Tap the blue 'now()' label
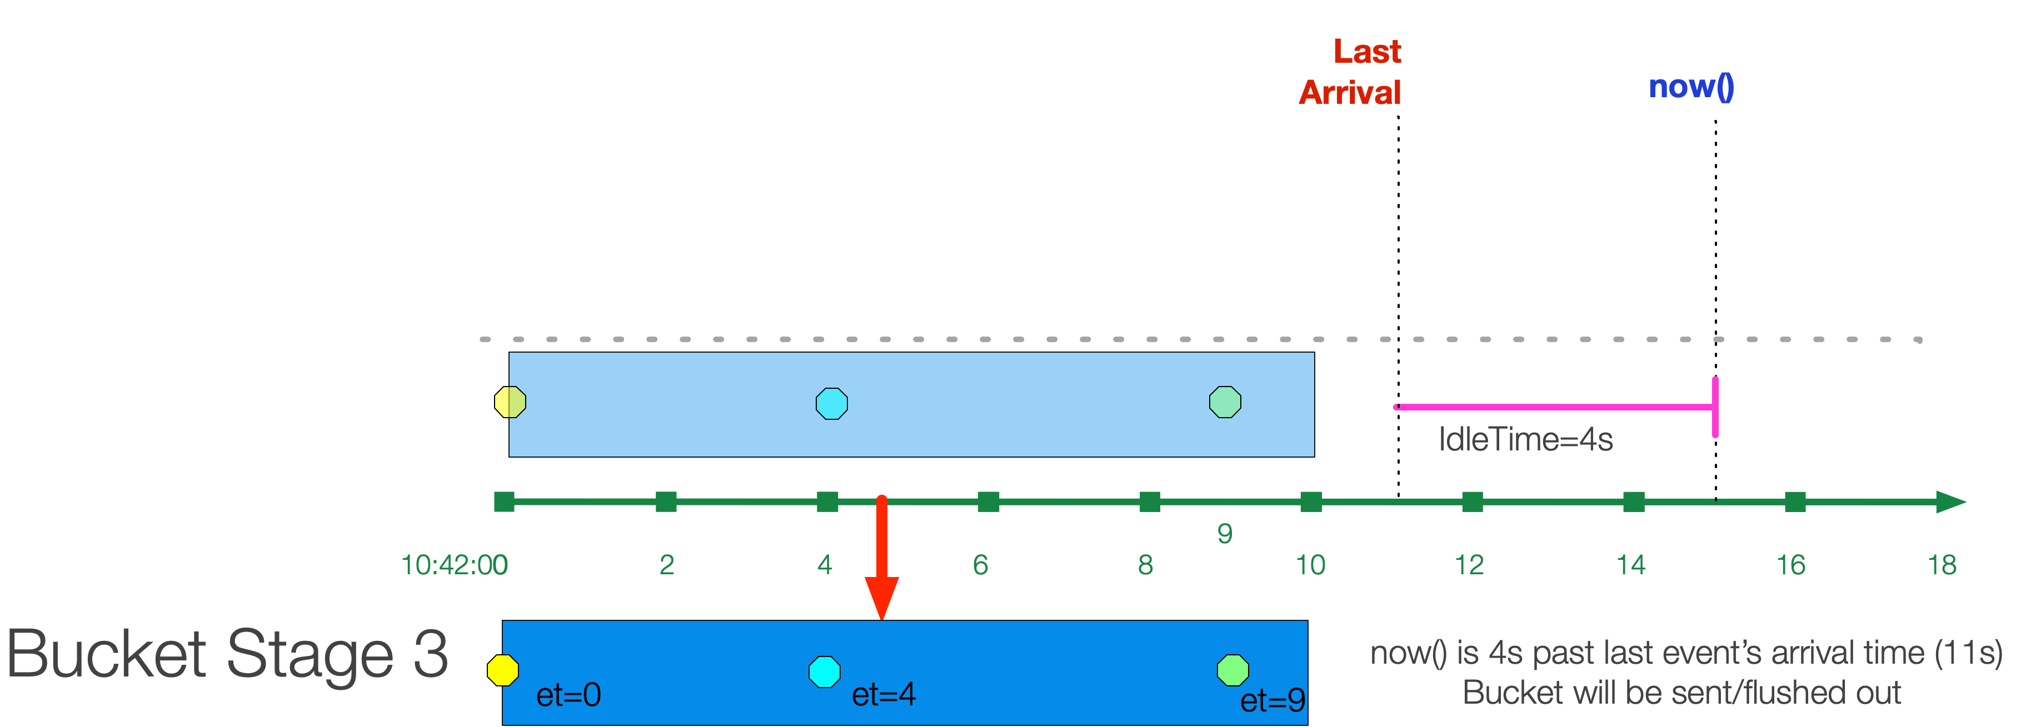(1691, 86)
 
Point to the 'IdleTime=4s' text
(1525, 439)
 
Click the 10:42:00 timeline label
(454, 565)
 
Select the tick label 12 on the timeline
(1469, 565)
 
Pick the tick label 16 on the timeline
(1790, 565)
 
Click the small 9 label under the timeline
(1225, 534)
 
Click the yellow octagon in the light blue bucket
(510, 402)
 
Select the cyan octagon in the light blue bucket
(832, 403)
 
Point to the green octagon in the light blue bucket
(1225, 402)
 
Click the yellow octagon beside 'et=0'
(503, 670)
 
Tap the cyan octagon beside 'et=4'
(825, 671)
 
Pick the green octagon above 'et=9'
(1233, 670)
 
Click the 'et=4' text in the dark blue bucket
(884, 695)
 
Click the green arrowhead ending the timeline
(1950, 502)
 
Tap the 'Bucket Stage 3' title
(227, 654)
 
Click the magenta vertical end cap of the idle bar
(1715, 407)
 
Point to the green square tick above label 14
(1634, 502)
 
